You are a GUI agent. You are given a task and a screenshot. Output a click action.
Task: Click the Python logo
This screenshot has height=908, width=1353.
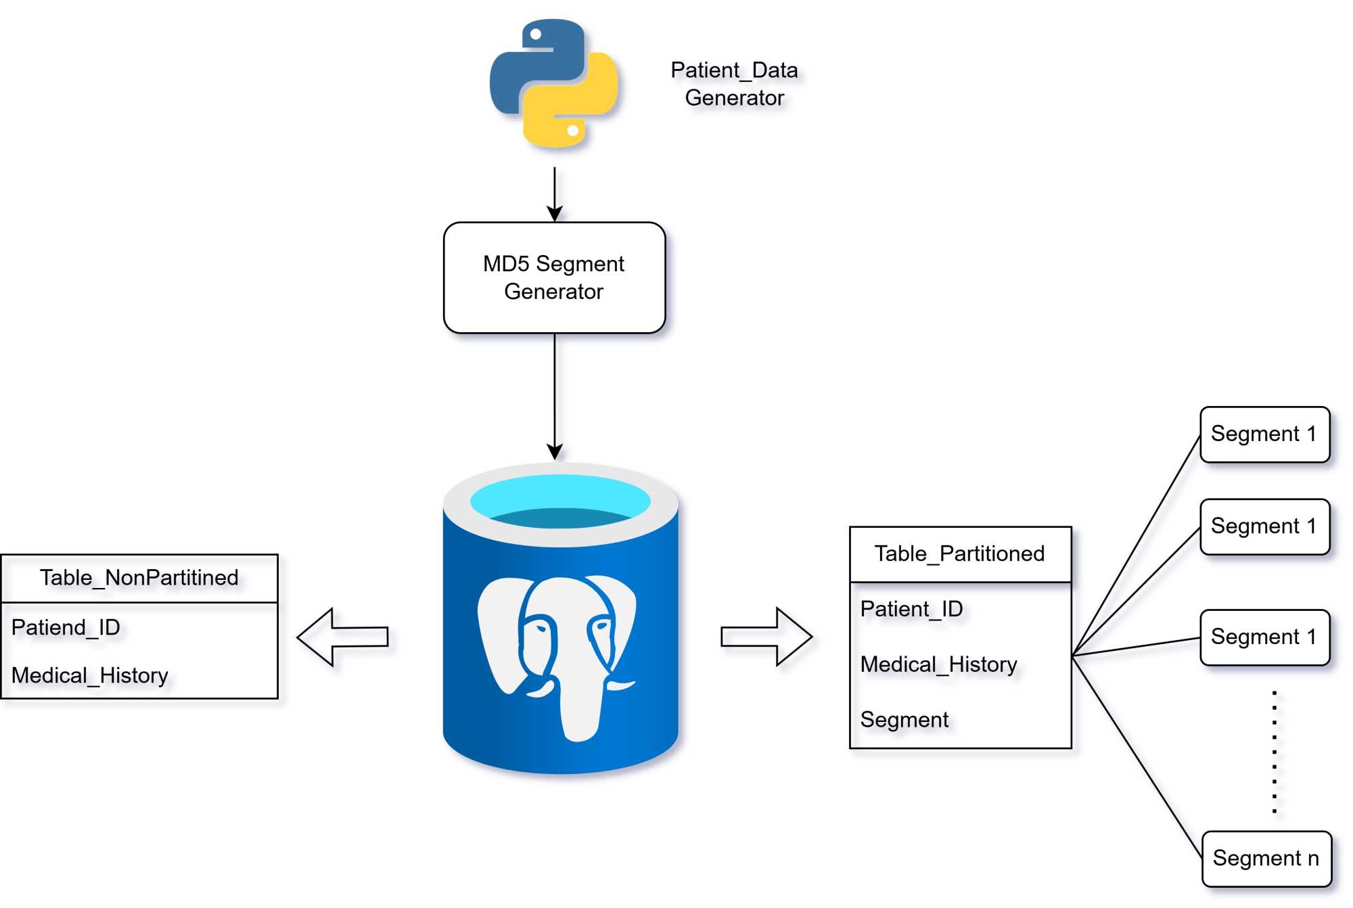(x=553, y=83)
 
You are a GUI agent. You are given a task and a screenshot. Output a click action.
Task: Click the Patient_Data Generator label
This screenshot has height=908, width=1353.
(x=734, y=84)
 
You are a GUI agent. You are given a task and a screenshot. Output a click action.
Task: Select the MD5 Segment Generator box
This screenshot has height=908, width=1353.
(x=554, y=277)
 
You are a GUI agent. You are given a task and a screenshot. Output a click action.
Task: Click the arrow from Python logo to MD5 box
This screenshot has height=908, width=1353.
(x=555, y=193)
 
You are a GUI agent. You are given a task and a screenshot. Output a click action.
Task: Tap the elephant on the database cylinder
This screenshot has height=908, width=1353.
(x=557, y=650)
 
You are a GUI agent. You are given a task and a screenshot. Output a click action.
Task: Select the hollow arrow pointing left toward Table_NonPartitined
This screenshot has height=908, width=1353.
(x=342, y=637)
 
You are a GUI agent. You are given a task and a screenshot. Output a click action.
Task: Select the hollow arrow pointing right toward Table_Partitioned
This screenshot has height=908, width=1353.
(x=766, y=637)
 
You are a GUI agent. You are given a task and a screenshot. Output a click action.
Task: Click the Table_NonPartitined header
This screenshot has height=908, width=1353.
(x=139, y=578)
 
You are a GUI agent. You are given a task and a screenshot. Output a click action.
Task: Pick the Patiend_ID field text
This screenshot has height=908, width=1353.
(x=66, y=627)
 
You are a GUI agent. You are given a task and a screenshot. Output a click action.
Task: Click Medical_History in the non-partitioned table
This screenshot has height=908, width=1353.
(x=90, y=675)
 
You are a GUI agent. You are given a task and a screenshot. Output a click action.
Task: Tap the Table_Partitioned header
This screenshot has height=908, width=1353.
(x=959, y=553)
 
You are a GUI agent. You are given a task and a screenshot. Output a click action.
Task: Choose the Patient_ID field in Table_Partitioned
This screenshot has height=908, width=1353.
(x=911, y=609)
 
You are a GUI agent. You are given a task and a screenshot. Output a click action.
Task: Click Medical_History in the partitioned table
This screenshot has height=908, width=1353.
(x=938, y=664)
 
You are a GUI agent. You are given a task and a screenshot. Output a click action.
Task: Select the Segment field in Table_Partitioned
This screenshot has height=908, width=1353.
(x=904, y=720)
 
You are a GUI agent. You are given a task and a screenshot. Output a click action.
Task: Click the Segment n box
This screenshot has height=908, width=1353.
(x=1266, y=858)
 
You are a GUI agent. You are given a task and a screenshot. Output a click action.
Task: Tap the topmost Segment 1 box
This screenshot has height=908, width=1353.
(x=1264, y=434)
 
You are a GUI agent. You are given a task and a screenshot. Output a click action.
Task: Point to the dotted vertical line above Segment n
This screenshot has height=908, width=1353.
(x=1275, y=751)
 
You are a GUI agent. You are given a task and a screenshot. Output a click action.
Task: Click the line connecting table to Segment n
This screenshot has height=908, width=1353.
(x=1137, y=758)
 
